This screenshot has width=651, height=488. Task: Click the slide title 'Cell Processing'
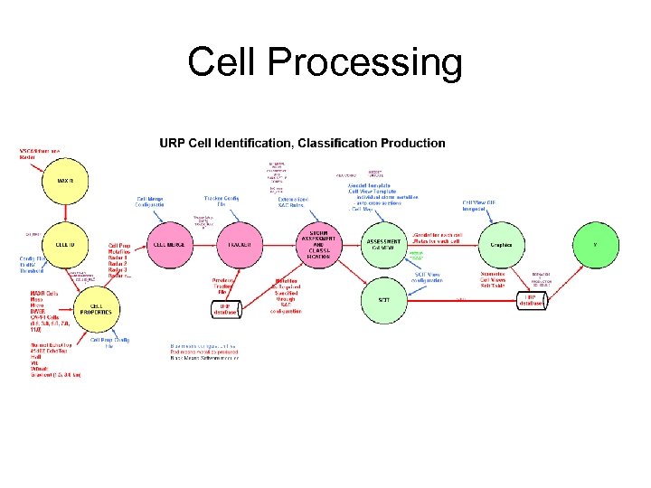(x=325, y=63)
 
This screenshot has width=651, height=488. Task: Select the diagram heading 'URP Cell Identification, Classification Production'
(x=302, y=143)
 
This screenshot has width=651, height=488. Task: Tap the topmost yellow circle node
(x=65, y=182)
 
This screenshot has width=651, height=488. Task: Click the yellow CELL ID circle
(x=65, y=244)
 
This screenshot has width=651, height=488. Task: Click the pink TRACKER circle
(x=240, y=244)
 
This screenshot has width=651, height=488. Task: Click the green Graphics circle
(x=501, y=244)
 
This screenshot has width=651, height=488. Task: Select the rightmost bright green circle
(x=594, y=244)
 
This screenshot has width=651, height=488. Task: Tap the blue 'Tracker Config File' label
(x=222, y=202)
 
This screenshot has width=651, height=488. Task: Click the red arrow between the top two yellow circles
(x=65, y=212)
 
